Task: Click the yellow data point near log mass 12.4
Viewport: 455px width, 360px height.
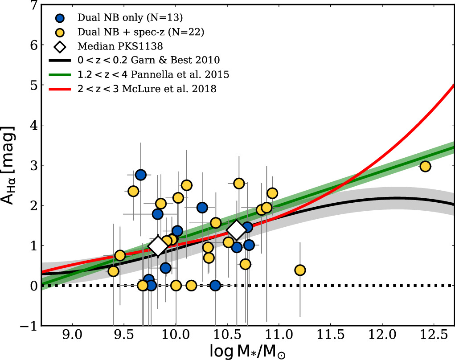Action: [x=425, y=166]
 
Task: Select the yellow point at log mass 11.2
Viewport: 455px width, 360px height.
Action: [x=300, y=270]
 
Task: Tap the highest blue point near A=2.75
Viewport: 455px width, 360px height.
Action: [x=141, y=175]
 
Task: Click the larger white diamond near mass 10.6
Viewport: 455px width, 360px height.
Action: [x=237, y=229]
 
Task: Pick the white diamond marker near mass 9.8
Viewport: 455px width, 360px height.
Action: [x=158, y=246]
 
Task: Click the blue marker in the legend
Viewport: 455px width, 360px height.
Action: [x=61, y=18]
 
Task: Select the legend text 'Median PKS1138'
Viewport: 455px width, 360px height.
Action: [x=107, y=46]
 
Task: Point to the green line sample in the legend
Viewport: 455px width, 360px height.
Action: [x=61, y=75]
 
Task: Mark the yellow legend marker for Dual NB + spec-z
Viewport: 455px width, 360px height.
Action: [x=61, y=32]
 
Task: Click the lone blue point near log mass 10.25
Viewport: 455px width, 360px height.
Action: [x=202, y=207]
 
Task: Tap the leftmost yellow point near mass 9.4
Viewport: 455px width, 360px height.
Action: [x=114, y=271]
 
